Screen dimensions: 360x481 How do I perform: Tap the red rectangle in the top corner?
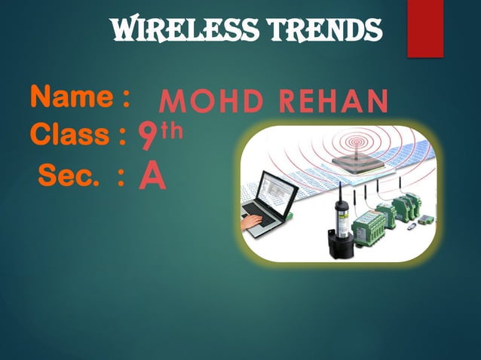pos(424,28)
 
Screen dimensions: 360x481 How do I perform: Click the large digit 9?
pos(148,139)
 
